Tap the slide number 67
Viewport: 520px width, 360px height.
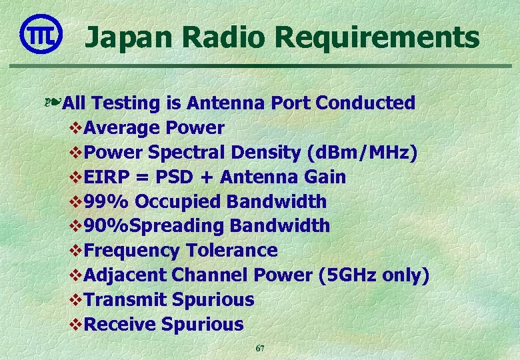(x=260, y=349)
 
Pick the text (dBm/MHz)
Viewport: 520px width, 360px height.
(x=363, y=153)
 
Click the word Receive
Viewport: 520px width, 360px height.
(x=121, y=325)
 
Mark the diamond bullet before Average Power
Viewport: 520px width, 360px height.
(x=76, y=128)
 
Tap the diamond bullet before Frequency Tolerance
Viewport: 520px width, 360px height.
(x=76, y=251)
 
